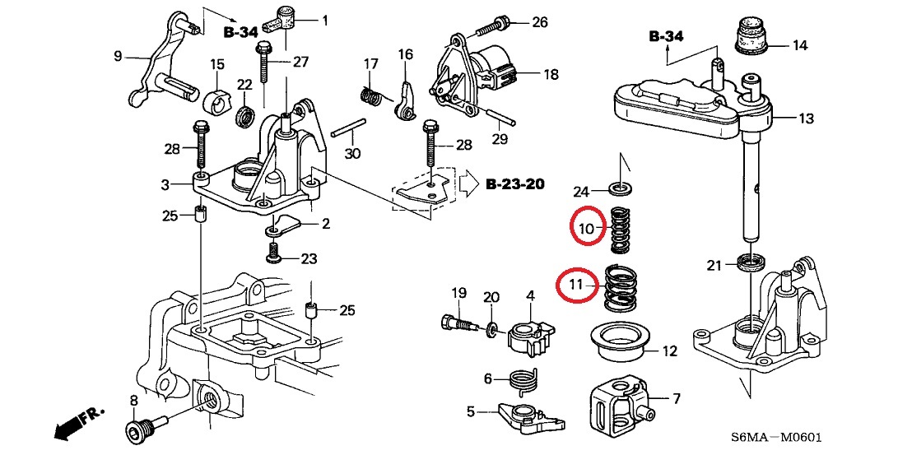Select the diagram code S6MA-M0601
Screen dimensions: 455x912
click(x=779, y=438)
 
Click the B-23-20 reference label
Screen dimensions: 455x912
click(x=514, y=183)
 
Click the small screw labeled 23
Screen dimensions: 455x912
click(x=274, y=255)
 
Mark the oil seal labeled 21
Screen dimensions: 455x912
click(x=751, y=264)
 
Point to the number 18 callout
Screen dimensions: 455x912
click(x=550, y=74)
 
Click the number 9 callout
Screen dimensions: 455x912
click(x=118, y=56)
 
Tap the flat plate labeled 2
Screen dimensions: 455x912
click(x=284, y=225)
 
